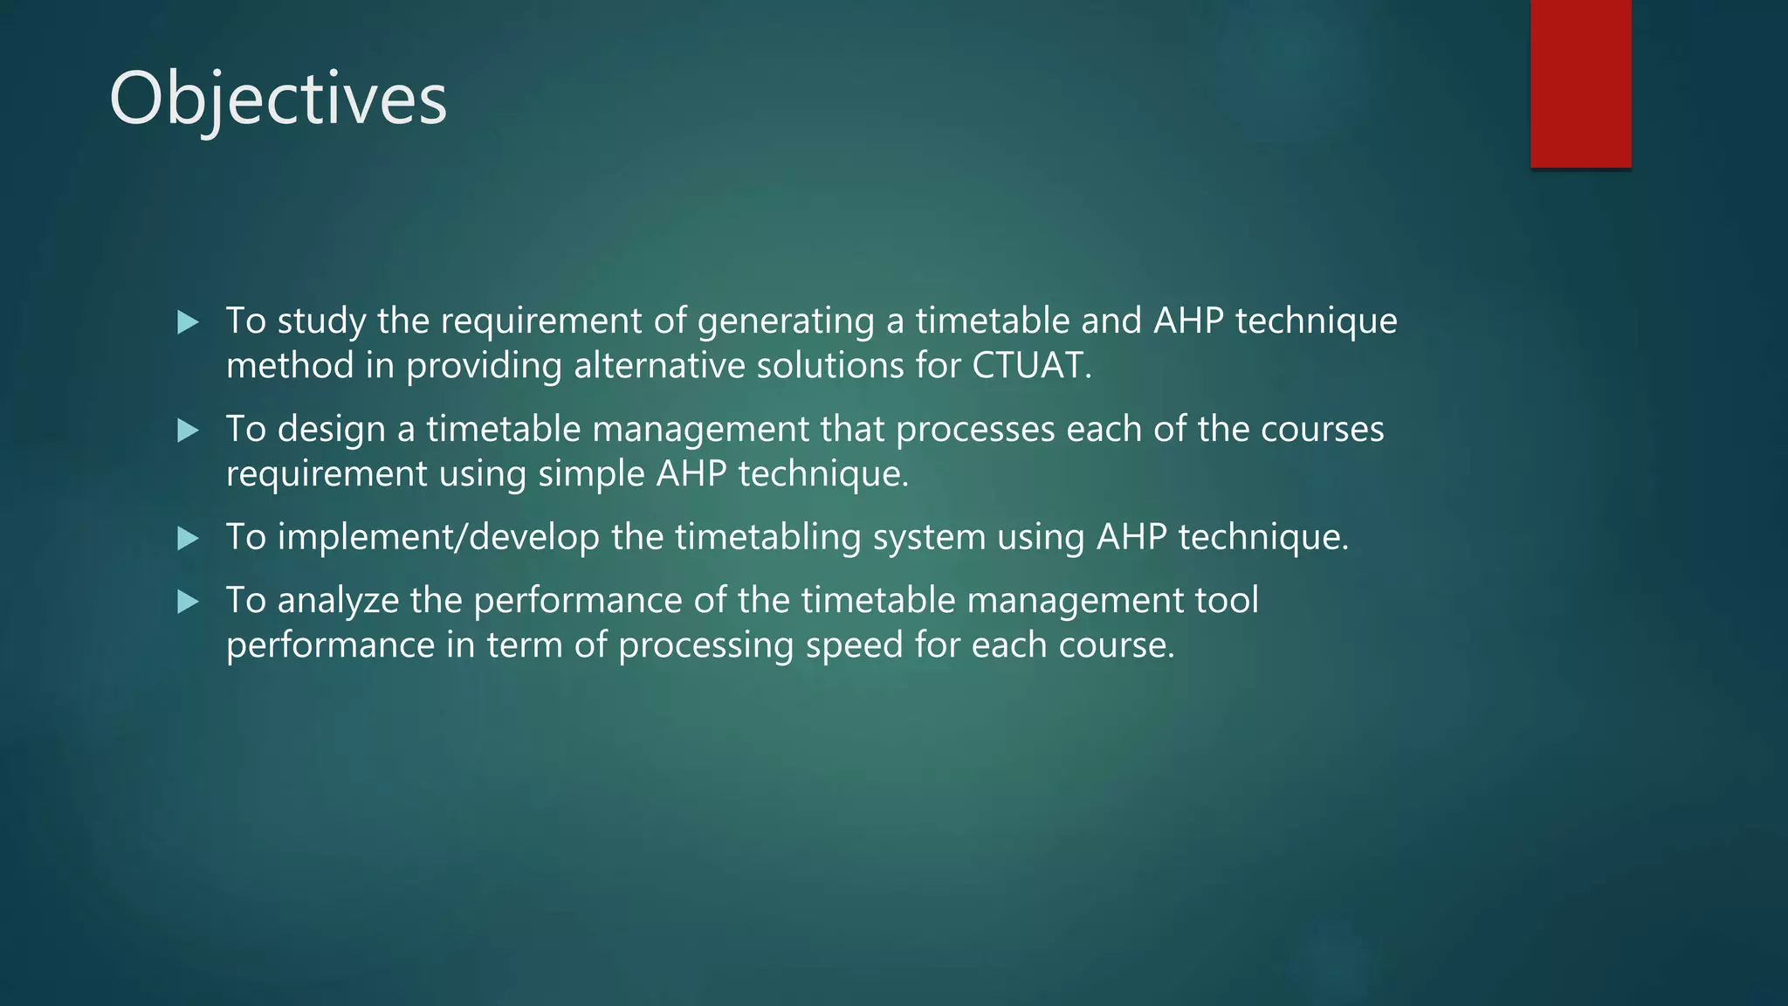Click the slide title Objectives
point(278,100)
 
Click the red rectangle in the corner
point(1580,83)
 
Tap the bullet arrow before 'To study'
point(188,322)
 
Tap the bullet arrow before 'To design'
point(188,431)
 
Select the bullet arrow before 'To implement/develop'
point(188,538)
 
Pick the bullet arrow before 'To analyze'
point(188,602)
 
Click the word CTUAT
point(1031,365)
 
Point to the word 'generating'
point(786,321)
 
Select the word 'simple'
point(590,473)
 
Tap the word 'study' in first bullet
point(321,321)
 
